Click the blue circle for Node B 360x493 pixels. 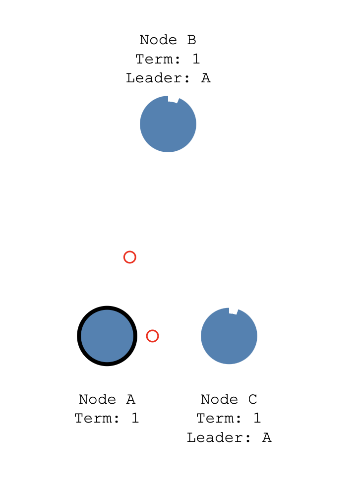point(168,124)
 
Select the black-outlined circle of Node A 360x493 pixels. point(107,336)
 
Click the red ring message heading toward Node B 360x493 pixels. point(129,257)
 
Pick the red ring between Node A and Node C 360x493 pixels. point(152,336)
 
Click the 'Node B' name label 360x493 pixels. point(168,40)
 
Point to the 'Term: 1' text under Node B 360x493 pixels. point(168,59)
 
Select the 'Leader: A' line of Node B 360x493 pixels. point(168,78)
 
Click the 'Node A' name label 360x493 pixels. point(107,399)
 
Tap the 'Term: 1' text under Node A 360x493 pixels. point(107,419)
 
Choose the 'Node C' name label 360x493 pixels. point(229,399)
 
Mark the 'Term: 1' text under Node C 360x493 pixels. point(229,419)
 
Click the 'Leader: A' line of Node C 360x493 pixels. point(229,438)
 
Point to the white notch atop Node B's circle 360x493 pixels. point(173,99)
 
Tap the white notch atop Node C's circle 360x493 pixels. point(233,311)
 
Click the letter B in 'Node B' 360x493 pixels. point(192,40)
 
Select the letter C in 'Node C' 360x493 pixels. point(253,399)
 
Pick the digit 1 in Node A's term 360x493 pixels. point(135,419)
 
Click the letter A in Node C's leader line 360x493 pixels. point(267,438)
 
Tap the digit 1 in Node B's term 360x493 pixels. point(196,59)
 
